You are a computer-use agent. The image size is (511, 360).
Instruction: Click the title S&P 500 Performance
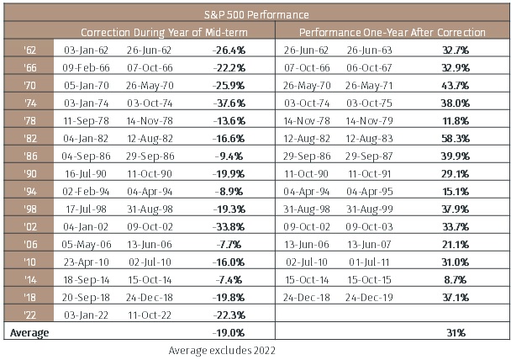256,14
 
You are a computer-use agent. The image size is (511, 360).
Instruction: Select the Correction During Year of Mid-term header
164,32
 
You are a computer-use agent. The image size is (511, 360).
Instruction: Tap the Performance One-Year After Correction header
392,32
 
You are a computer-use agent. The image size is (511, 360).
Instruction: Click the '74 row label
30,103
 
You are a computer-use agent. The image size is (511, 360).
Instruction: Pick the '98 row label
30,209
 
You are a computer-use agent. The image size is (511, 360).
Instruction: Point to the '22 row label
30,315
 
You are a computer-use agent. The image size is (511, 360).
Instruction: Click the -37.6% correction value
229,103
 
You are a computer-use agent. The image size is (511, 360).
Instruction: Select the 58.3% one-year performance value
456,138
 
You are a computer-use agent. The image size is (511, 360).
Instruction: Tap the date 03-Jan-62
86,50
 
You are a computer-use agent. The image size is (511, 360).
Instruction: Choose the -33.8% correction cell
229,226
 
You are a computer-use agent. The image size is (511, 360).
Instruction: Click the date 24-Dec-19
369,298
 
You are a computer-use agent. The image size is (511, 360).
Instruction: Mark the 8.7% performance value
456,280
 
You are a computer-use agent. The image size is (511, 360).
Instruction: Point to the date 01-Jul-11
369,262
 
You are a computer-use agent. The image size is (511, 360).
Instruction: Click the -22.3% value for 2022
229,315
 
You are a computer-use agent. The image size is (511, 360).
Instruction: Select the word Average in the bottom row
29,333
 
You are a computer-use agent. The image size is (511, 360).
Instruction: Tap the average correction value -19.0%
229,332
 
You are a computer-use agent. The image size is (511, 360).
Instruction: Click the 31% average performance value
456,332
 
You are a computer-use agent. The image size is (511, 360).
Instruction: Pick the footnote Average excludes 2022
222,351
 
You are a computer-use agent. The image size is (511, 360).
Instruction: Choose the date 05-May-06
87,245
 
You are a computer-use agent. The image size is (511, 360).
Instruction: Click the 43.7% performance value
456,86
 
